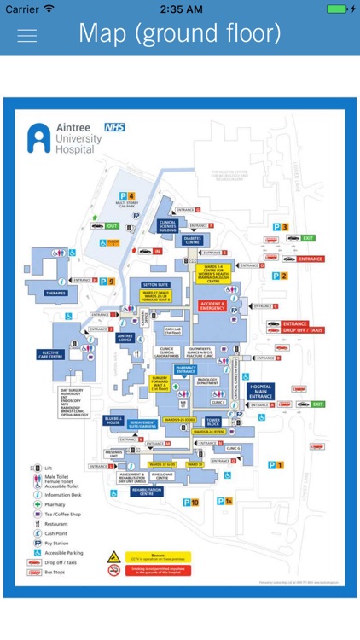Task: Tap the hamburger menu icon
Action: [x=27, y=35]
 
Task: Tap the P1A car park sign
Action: [x=224, y=501]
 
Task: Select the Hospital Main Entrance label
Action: [x=261, y=392]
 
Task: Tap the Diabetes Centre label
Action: [x=192, y=241]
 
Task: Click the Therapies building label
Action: [x=55, y=293]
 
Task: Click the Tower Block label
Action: [x=213, y=422]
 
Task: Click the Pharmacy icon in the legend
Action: [x=37, y=504]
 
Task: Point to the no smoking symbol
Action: [x=113, y=570]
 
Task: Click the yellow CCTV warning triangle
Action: [x=113, y=556]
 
